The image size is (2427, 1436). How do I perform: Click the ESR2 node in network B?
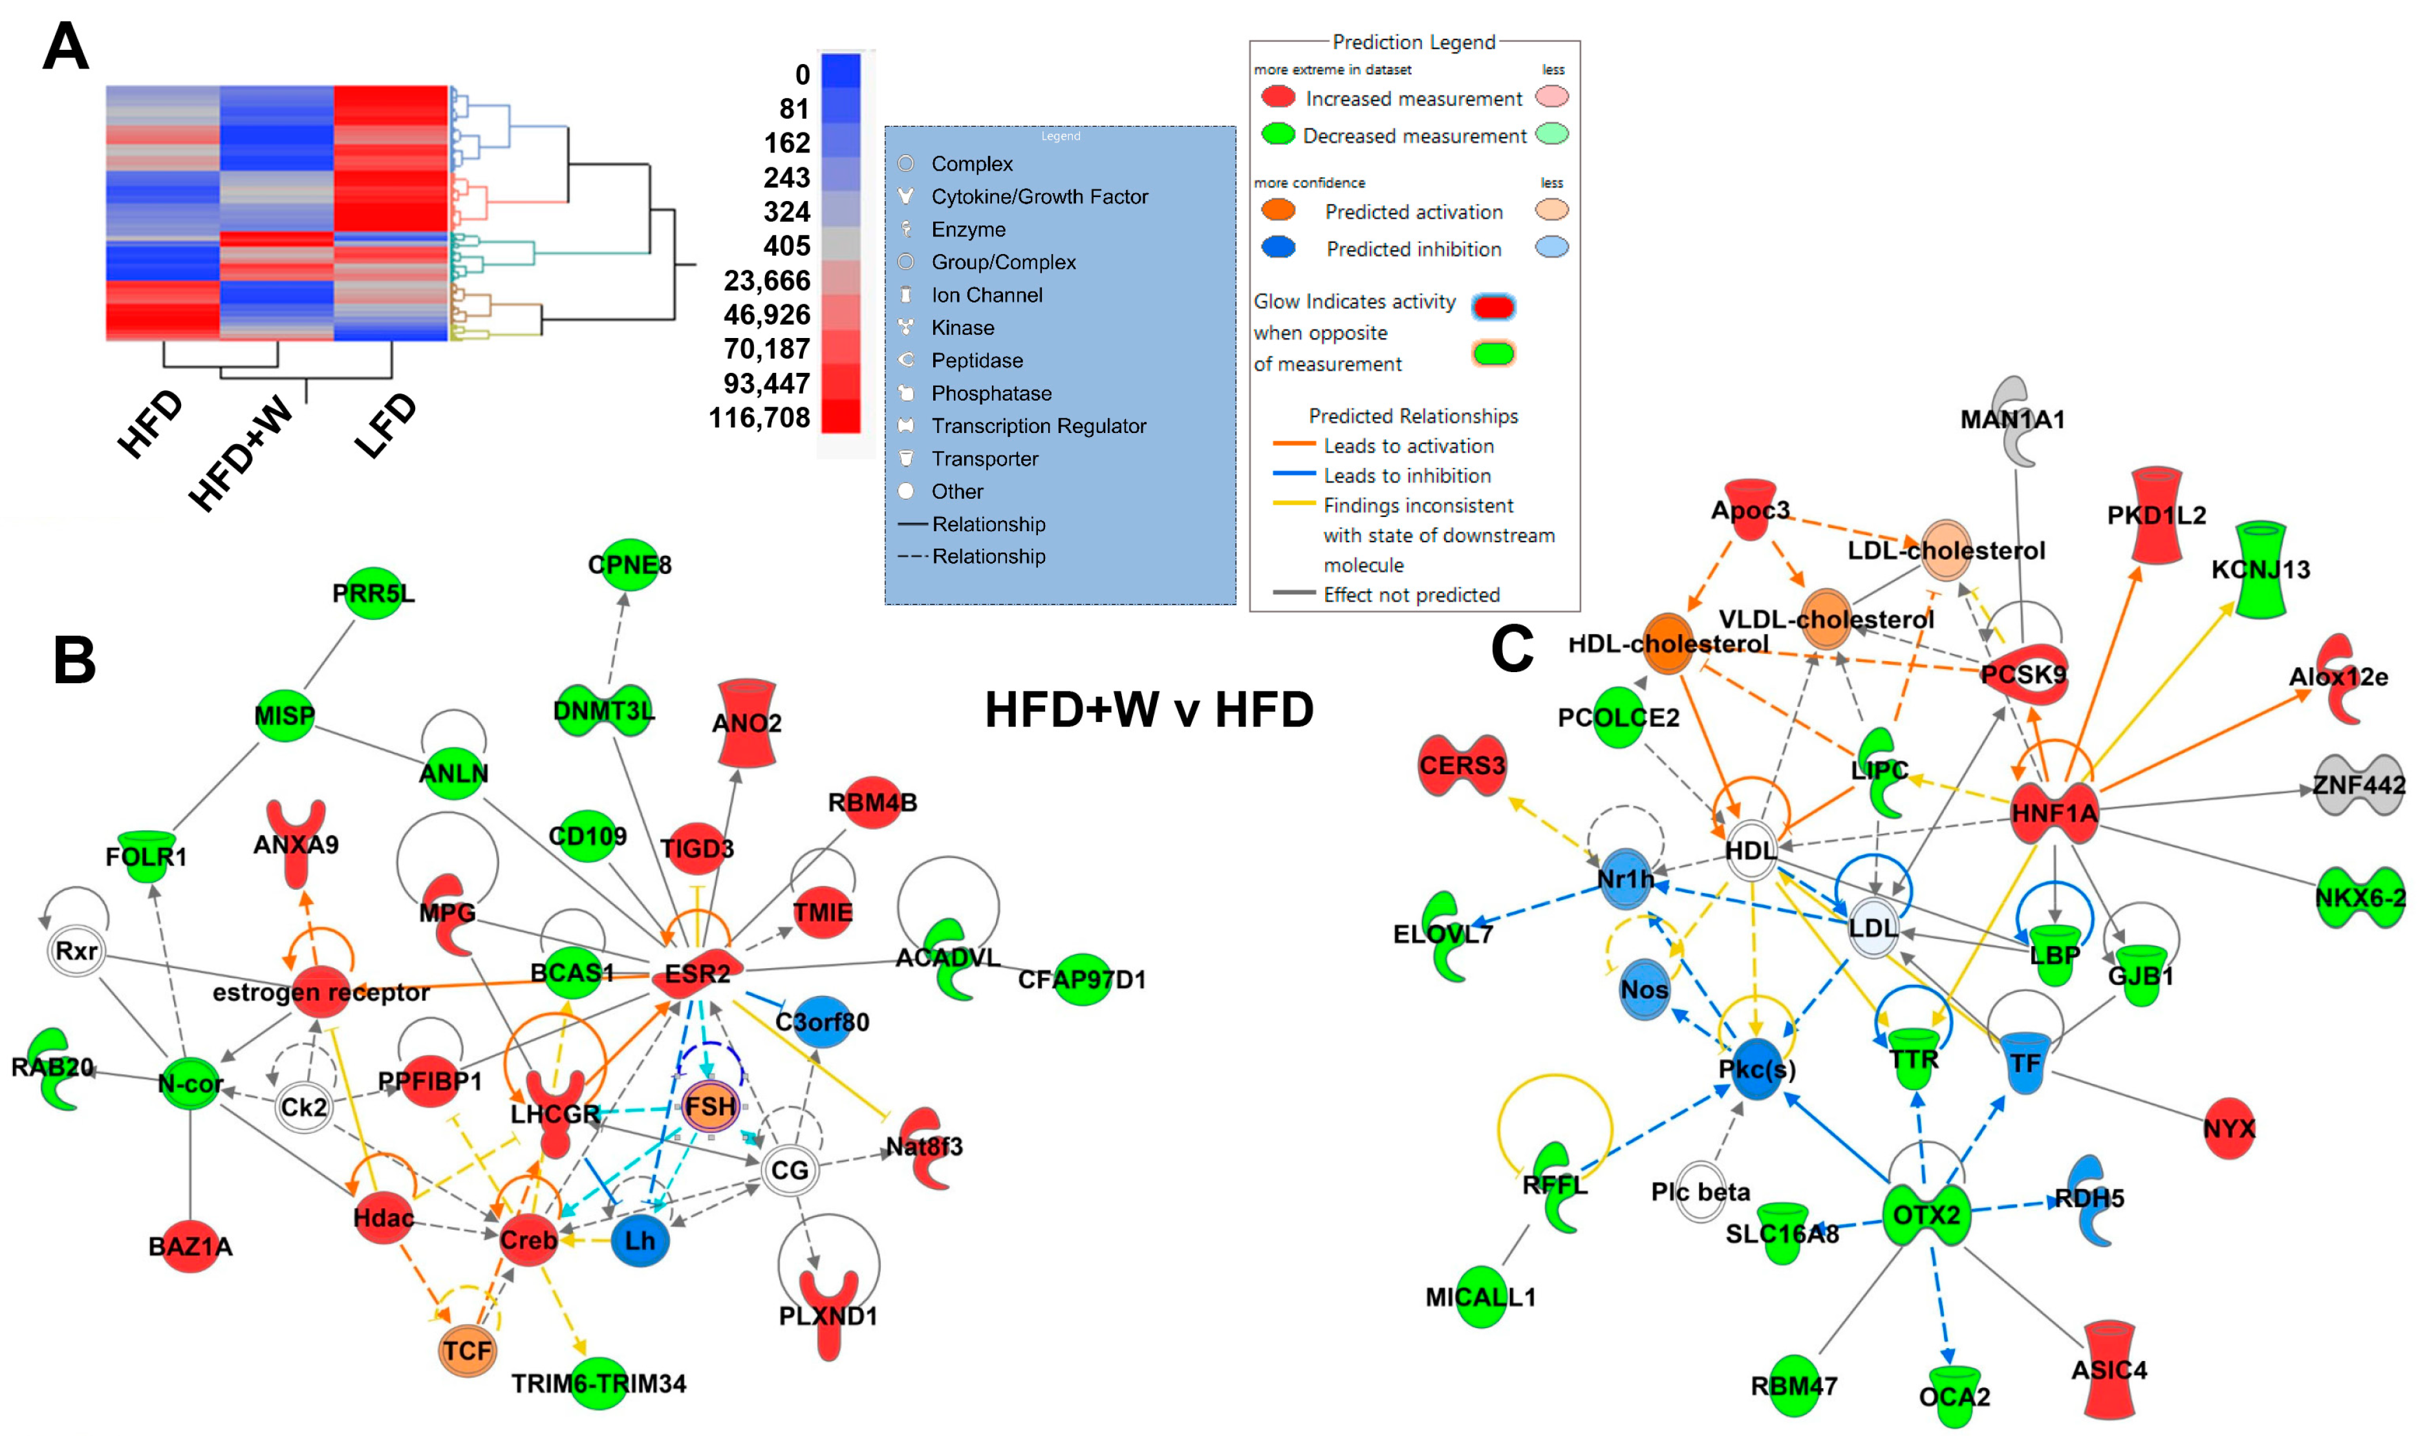[x=698, y=973]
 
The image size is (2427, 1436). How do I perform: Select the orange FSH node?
[x=711, y=1106]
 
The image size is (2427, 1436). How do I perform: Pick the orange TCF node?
[x=468, y=1350]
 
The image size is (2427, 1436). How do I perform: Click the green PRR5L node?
[x=374, y=593]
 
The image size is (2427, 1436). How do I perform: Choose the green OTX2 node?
[x=1926, y=1214]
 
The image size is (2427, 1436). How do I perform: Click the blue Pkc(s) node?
[x=1756, y=1068]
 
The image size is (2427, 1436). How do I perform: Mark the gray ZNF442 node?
[x=2358, y=784]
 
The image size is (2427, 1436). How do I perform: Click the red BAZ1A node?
[x=191, y=1245]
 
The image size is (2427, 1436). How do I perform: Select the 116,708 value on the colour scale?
[x=759, y=418]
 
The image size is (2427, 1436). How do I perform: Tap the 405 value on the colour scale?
[x=786, y=246]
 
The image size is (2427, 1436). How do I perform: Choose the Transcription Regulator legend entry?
[x=1038, y=426]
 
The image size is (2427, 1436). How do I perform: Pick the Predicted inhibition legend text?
[x=1414, y=249]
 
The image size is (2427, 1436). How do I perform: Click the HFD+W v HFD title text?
[x=1149, y=710]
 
